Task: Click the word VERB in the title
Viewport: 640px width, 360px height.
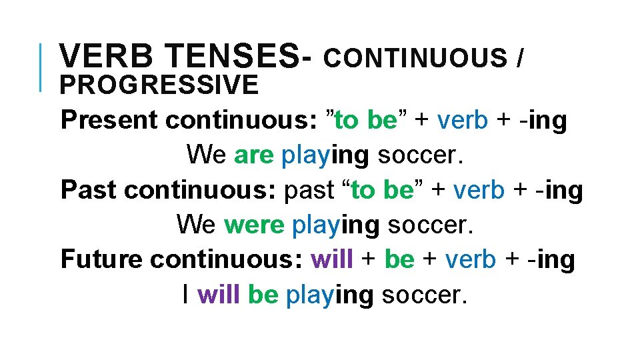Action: pos(101,57)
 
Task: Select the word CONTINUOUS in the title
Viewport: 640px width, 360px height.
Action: pos(415,59)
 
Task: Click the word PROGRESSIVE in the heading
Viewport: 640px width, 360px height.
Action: pos(159,85)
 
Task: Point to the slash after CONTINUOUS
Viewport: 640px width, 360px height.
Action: pos(519,59)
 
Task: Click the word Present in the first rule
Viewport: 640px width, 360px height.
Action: pos(109,121)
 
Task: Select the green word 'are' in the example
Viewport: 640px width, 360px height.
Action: pos(254,155)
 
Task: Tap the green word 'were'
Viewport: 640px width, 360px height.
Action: pos(254,225)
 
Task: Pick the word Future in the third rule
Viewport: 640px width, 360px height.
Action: pos(102,259)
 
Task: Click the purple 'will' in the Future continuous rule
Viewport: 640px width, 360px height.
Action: pos(332,259)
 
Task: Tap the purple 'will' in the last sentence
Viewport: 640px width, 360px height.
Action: pos(219,294)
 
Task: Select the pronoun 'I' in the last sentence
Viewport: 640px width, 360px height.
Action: pos(185,294)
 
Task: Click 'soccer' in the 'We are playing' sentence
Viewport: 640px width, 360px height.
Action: pos(420,155)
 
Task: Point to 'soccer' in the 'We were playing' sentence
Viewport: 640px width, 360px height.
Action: pos(431,225)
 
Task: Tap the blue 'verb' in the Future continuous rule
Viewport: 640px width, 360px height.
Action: pos(471,259)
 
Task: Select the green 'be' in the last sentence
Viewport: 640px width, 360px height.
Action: pos(263,294)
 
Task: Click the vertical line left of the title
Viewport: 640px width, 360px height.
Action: pos(41,67)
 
